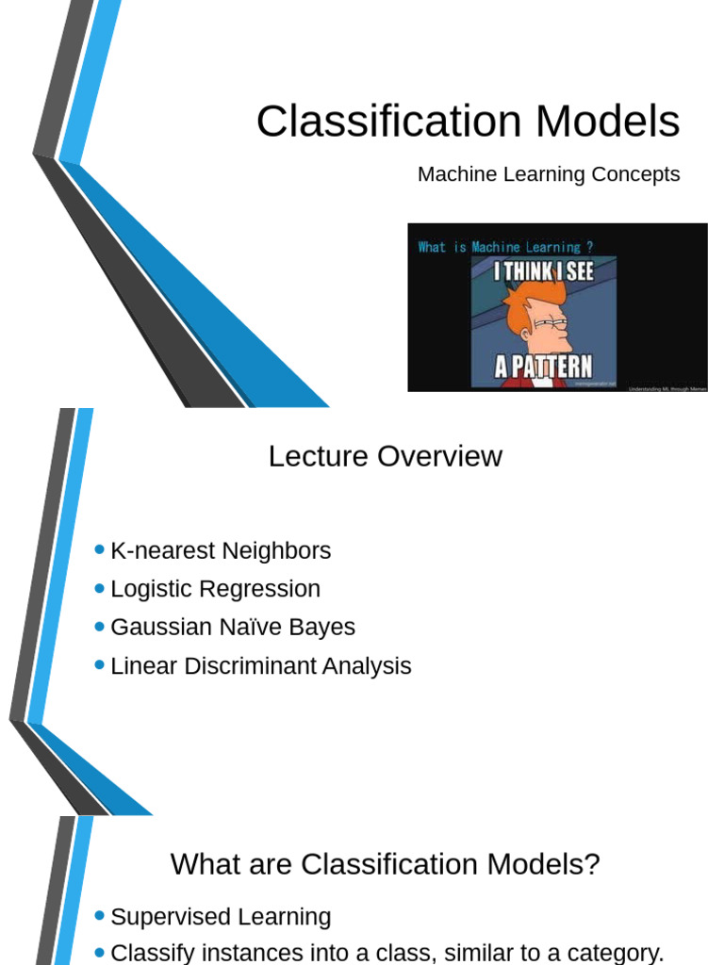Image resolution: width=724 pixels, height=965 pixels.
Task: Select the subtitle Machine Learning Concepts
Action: pyautogui.click(x=549, y=174)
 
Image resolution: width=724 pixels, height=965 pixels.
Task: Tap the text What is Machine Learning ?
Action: pyautogui.click(x=506, y=247)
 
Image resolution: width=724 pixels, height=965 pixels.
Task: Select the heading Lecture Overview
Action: pyautogui.click(x=385, y=456)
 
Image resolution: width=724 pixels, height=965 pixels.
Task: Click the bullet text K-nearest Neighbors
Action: pyautogui.click(x=221, y=550)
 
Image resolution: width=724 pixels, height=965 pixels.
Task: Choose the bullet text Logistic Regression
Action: pyautogui.click(x=215, y=589)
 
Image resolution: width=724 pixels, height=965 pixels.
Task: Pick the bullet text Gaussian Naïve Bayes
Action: pyautogui.click(x=233, y=628)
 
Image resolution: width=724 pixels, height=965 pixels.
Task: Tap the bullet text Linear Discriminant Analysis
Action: pyautogui.click(x=261, y=666)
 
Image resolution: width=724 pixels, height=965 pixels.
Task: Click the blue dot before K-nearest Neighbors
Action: pyautogui.click(x=100, y=549)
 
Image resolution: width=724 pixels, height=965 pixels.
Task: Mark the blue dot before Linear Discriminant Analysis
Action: pyautogui.click(x=100, y=665)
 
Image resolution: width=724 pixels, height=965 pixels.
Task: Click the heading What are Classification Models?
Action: pyautogui.click(x=385, y=864)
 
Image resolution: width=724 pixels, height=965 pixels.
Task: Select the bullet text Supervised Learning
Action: pyautogui.click(x=221, y=917)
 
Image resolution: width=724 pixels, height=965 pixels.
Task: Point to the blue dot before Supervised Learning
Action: pyautogui.click(x=100, y=916)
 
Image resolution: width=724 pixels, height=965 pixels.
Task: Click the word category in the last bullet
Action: pyautogui.click(x=614, y=953)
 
